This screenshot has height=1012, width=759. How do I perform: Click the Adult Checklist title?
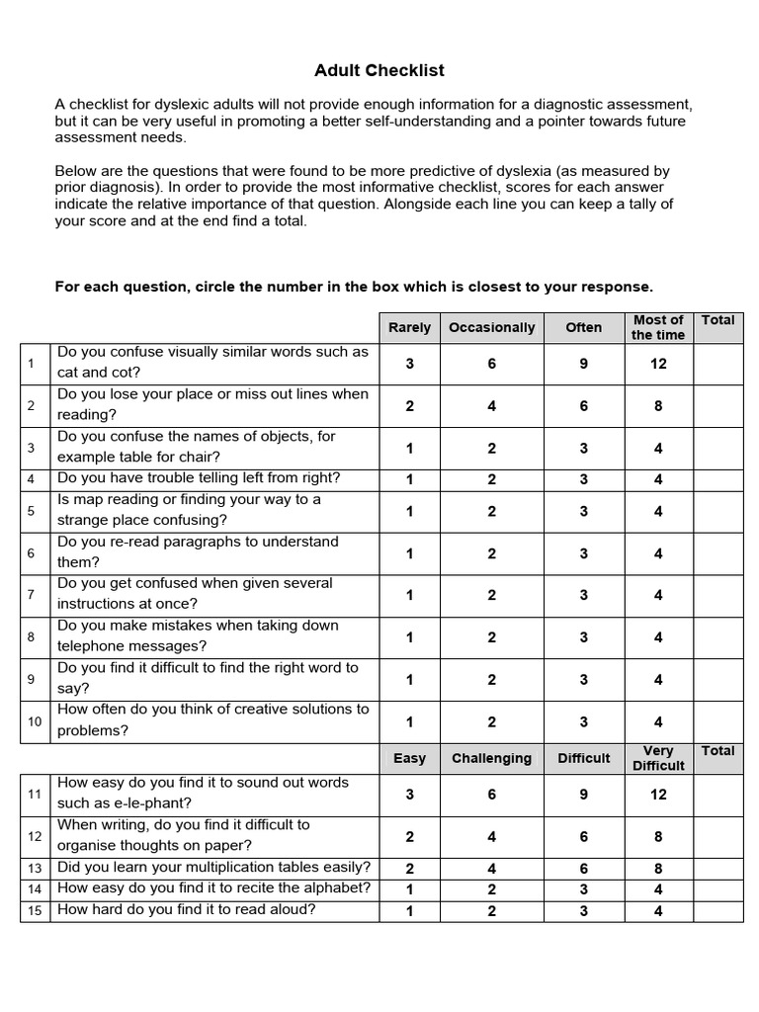pos(379,70)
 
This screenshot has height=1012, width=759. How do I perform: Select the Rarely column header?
pos(409,327)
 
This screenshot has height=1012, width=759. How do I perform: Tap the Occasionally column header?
pos(491,327)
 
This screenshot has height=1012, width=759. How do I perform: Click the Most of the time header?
pos(658,327)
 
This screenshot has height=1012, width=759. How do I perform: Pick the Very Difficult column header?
pos(658,758)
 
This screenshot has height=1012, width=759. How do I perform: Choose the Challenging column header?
pos(491,758)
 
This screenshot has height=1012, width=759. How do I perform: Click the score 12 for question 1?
pos(658,364)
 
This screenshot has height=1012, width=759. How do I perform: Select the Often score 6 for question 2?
pos(583,406)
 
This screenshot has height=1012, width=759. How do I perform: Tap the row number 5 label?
pos(32,511)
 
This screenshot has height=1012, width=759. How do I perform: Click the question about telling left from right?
pos(199,478)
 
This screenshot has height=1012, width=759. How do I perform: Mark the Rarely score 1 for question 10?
pos(409,722)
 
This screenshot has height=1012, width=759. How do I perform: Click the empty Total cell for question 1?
pos(717,364)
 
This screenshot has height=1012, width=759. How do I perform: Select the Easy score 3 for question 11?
pos(409,795)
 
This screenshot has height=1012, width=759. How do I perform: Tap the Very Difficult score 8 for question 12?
pos(658,837)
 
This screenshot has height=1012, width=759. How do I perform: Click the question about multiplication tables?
pos(214,868)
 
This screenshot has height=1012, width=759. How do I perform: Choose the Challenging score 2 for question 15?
pos(491,911)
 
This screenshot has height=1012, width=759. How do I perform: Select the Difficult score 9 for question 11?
pos(583,795)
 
